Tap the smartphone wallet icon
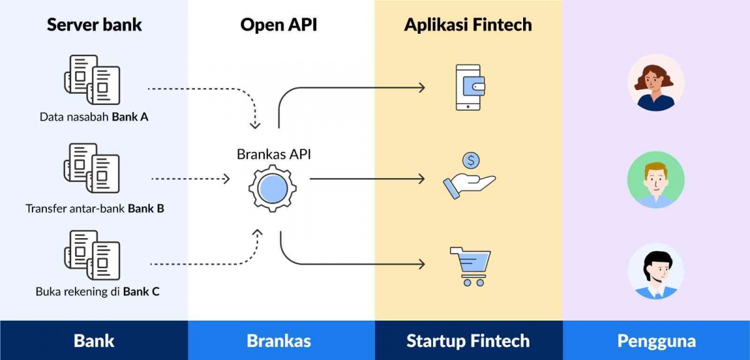tap(468, 87)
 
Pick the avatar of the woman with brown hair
tap(656, 82)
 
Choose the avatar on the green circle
tap(656, 179)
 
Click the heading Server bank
tap(94, 25)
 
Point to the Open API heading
tap(279, 25)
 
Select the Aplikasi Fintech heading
tap(468, 25)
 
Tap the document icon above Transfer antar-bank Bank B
tap(92, 168)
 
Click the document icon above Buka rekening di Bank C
tap(92, 255)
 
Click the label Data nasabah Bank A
tap(94, 117)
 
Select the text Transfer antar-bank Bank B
tap(95, 208)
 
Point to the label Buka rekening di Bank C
tap(97, 291)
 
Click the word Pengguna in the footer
tap(656, 341)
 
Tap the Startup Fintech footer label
tap(468, 341)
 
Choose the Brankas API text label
tap(274, 154)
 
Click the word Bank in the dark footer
tap(94, 341)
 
